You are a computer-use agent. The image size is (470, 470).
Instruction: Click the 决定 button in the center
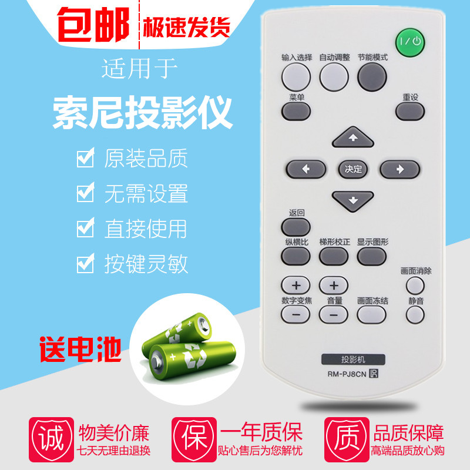point(353,169)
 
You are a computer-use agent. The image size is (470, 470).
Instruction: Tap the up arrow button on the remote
point(352,138)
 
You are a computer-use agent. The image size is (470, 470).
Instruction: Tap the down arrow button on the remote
point(352,200)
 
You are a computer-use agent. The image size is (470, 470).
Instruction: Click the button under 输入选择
point(296,75)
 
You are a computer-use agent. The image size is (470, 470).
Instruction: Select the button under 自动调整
point(334,75)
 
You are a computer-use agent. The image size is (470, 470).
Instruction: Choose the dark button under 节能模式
point(372,75)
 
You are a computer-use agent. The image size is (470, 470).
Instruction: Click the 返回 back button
point(296,226)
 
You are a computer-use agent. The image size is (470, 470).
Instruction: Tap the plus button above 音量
point(334,286)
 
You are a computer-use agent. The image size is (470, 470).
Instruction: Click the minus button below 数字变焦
point(296,315)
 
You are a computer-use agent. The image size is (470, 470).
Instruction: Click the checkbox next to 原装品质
point(86,159)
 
